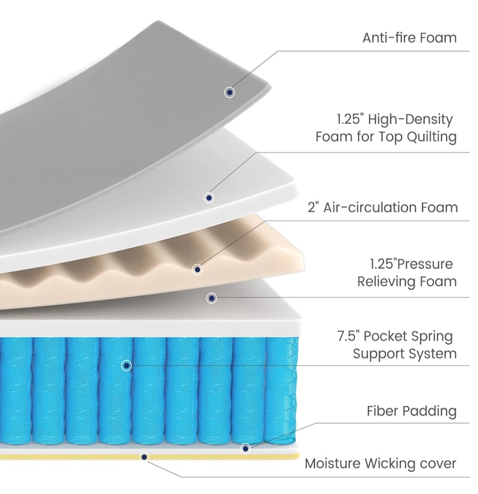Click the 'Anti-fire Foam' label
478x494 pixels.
(x=409, y=38)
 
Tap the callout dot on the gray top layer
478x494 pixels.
(x=229, y=92)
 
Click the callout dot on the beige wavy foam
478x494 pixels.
(x=197, y=269)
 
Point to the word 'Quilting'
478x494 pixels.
(x=432, y=137)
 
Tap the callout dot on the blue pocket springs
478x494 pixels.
(x=126, y=366)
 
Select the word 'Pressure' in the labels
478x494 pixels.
(x=425, y=264)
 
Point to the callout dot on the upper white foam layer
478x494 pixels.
(x=209, y=198)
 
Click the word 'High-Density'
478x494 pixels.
(x=410, y=120)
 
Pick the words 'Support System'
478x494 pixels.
(x=405, y=354)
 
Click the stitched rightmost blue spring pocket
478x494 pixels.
(x=281, y=390)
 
